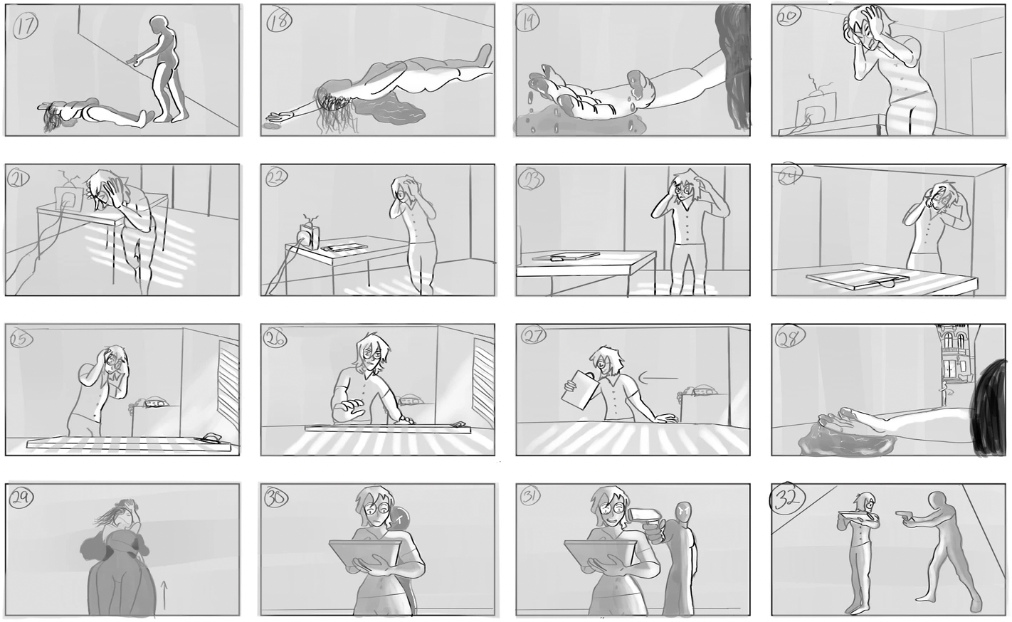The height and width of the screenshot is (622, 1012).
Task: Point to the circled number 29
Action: (25, 501)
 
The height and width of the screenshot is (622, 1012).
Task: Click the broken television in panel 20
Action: (813, 107)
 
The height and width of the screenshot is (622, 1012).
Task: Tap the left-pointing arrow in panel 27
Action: (655, 379)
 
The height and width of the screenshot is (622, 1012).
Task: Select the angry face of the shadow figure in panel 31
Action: (683, 510)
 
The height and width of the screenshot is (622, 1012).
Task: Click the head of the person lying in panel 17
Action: (52, 118)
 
